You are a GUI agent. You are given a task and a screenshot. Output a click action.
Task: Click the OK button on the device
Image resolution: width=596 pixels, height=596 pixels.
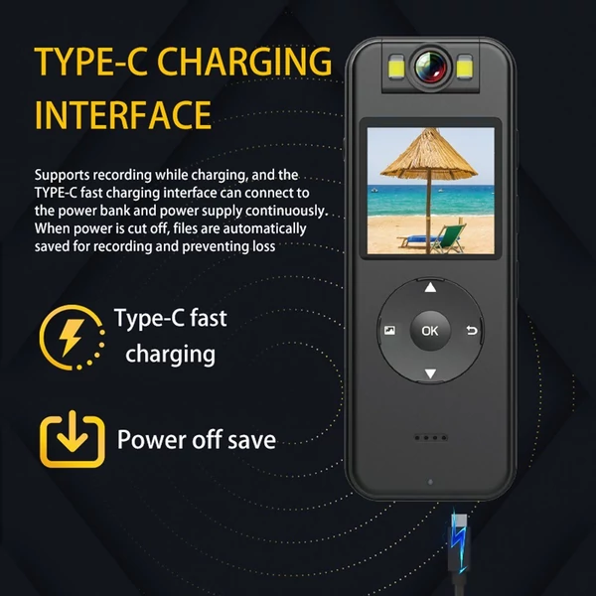[x=430, y=331]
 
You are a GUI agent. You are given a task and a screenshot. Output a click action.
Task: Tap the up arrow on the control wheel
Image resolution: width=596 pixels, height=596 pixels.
[x=430, y=288]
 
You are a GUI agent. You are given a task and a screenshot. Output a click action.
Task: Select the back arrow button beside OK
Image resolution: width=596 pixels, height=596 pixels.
[x=472, y=331]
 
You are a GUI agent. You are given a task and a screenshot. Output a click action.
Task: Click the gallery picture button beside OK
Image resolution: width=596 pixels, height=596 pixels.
[x=389, y=331]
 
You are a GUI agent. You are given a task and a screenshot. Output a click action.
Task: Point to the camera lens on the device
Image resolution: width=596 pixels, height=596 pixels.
[x=431, y=65]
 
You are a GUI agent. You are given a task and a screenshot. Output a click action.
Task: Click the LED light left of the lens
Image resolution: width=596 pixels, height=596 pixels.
[x=396, y=67]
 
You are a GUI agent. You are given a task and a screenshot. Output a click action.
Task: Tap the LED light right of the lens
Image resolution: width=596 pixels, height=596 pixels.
[x=464, y=67]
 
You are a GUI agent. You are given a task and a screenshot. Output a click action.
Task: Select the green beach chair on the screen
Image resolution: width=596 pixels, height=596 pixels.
[x=449, y=238]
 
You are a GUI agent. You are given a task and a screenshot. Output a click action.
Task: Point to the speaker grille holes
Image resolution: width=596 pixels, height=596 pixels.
[x=431, y=438]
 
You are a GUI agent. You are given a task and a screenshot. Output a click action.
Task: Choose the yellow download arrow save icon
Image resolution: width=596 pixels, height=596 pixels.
[x=73, y=439]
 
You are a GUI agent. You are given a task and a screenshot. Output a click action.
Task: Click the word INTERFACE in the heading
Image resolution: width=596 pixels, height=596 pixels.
[x=123, y=115]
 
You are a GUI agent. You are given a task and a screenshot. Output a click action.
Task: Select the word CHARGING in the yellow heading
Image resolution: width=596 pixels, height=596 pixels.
[x=244, y=62]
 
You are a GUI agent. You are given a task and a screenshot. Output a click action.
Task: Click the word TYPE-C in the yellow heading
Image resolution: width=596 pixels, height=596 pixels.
[x=91, y=62]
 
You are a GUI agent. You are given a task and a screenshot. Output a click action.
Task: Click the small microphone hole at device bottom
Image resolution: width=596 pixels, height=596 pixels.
[x=430, y=482]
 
